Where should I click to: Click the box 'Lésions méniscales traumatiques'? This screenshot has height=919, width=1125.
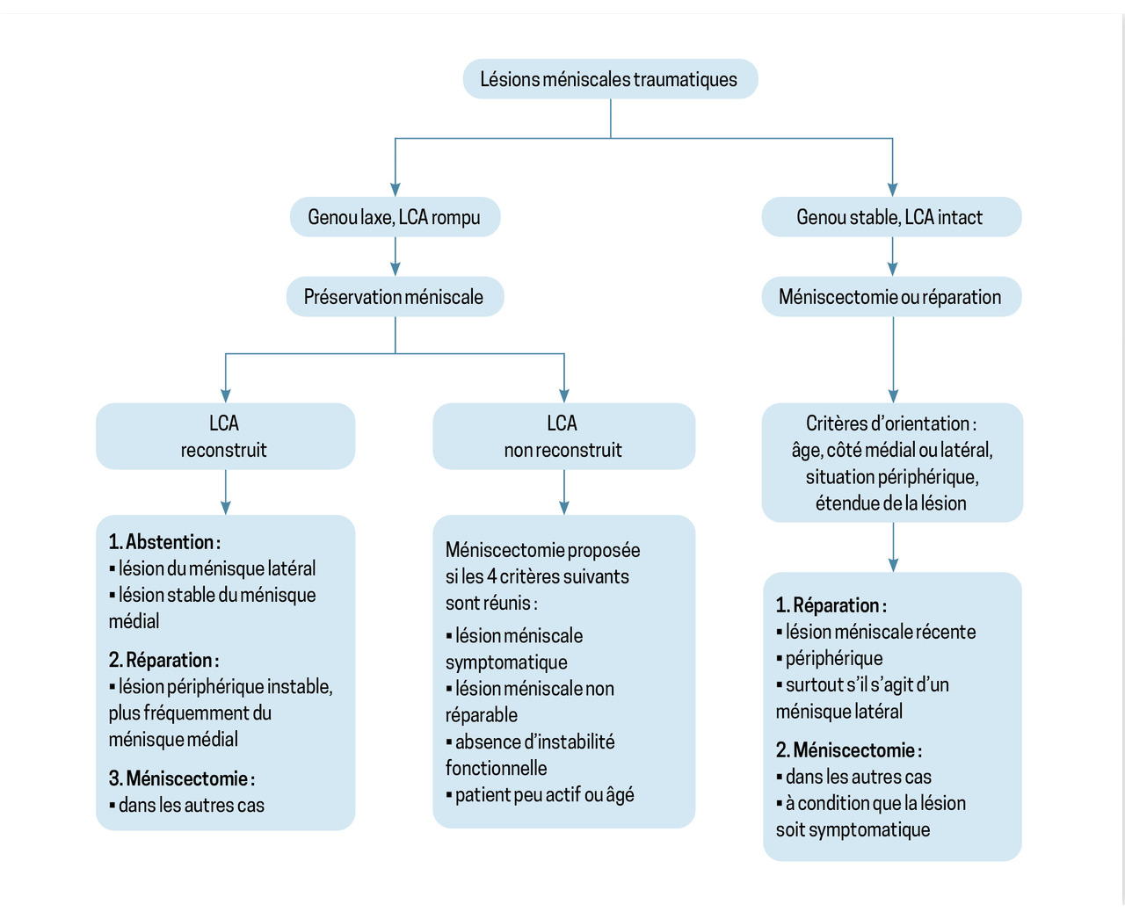click(x=610, y=79)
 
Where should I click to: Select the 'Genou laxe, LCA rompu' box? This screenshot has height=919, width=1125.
click(x=395, y=217)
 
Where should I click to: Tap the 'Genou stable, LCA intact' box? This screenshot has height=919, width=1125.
click(x=890, y=217)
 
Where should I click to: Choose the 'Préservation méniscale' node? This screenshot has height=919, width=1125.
click(x=395, y=297)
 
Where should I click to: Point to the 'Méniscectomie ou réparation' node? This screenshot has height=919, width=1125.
click(x=890, y=297)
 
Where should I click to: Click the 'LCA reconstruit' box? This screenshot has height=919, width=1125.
click(x=225, y=437)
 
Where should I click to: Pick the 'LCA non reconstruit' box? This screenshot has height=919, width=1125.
click(x=563, y=437)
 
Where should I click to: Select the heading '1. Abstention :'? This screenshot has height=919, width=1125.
click(x=165, y=542)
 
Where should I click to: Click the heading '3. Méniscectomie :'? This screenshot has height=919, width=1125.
click(x=182, y=778)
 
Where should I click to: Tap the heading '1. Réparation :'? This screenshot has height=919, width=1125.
click(x=831, y=605)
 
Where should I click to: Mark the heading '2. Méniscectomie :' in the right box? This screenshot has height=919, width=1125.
click(x=849, y=750)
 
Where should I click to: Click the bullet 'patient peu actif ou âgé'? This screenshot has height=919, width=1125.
click(x=544, y=795)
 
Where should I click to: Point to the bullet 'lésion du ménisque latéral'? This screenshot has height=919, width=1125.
click(x=216, y=568)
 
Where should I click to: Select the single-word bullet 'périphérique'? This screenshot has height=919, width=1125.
click(x=833, y=658)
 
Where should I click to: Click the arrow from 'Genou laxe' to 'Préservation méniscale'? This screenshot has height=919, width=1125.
click(x=396, y=257)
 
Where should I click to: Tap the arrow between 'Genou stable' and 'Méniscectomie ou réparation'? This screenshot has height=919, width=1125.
click(x=893, y=257)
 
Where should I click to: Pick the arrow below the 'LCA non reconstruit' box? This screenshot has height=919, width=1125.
click(x=564, y=492)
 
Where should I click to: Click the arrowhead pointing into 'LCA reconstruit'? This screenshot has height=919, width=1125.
click(x=226, y=395)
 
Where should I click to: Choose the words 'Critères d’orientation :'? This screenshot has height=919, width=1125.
click(x=891, y=423)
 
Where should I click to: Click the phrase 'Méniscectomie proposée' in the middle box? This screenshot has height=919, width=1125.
click(x=542, y=550)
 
